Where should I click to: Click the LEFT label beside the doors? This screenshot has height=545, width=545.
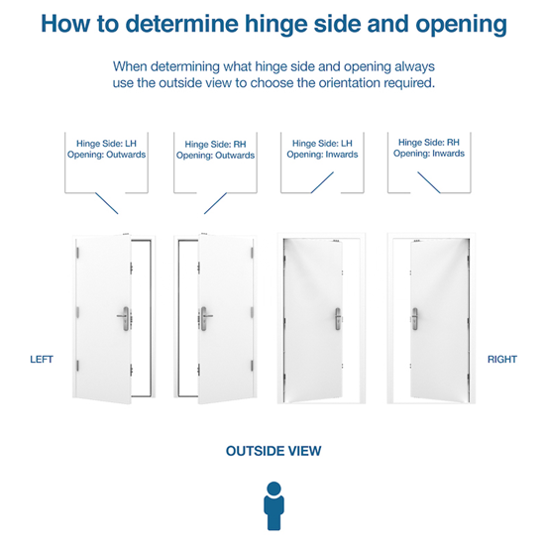coord(42,359)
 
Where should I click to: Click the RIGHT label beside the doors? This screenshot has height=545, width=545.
coord(502,359)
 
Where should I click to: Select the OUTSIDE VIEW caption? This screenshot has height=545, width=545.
coord(273,451)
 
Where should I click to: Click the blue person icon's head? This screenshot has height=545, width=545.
coord(273,489)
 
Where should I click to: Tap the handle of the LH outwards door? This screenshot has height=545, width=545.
coord(124,318)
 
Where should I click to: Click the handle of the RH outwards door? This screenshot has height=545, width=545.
coord(205,318)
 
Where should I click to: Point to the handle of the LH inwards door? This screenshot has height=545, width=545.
coord(338,318)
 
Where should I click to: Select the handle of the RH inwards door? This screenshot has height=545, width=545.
coord(414,318)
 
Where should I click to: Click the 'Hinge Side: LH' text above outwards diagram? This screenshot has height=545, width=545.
coord(106,144)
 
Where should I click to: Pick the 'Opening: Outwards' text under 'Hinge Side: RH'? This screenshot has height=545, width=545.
coord(215,156)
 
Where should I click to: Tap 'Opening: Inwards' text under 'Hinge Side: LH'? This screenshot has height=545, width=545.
coord(322,155)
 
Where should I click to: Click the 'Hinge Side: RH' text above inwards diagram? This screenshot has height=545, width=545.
coord(429,143)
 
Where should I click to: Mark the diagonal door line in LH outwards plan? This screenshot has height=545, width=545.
coord(107,203)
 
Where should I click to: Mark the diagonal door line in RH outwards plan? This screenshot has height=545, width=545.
coord(215,203)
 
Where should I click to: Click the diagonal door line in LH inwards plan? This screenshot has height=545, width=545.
coord(322,182)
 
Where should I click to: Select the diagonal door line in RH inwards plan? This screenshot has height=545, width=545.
coord(429,182)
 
